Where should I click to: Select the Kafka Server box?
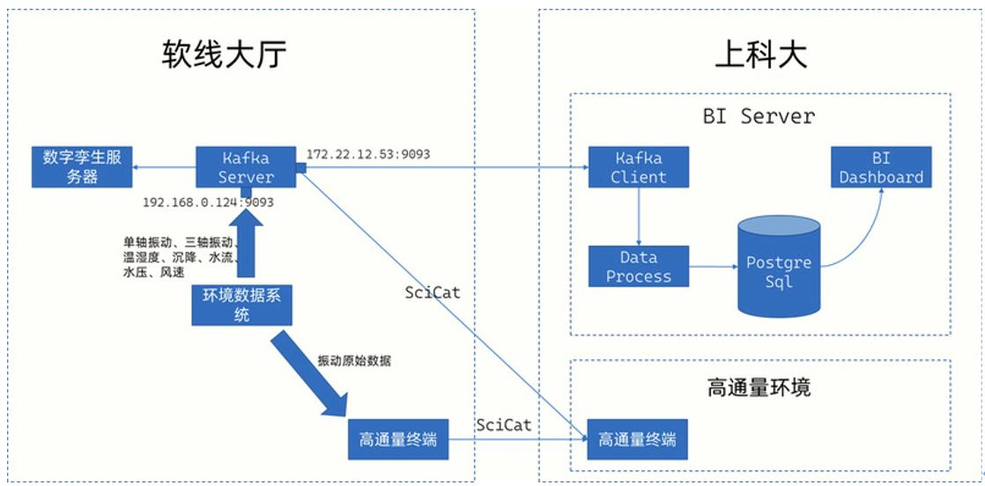(247, 166)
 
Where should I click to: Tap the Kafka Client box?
(639, 166)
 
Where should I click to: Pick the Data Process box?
(639, 267)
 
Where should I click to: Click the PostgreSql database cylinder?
(778, 269)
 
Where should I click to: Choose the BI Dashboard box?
(880, 166)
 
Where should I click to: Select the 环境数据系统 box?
(241, 306)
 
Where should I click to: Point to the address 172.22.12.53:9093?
(368, 154)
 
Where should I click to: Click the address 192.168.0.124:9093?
(208, 202)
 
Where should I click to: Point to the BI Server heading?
(759, 115)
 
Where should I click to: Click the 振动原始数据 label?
(354, 361)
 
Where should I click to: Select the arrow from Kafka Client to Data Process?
(639, 216)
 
